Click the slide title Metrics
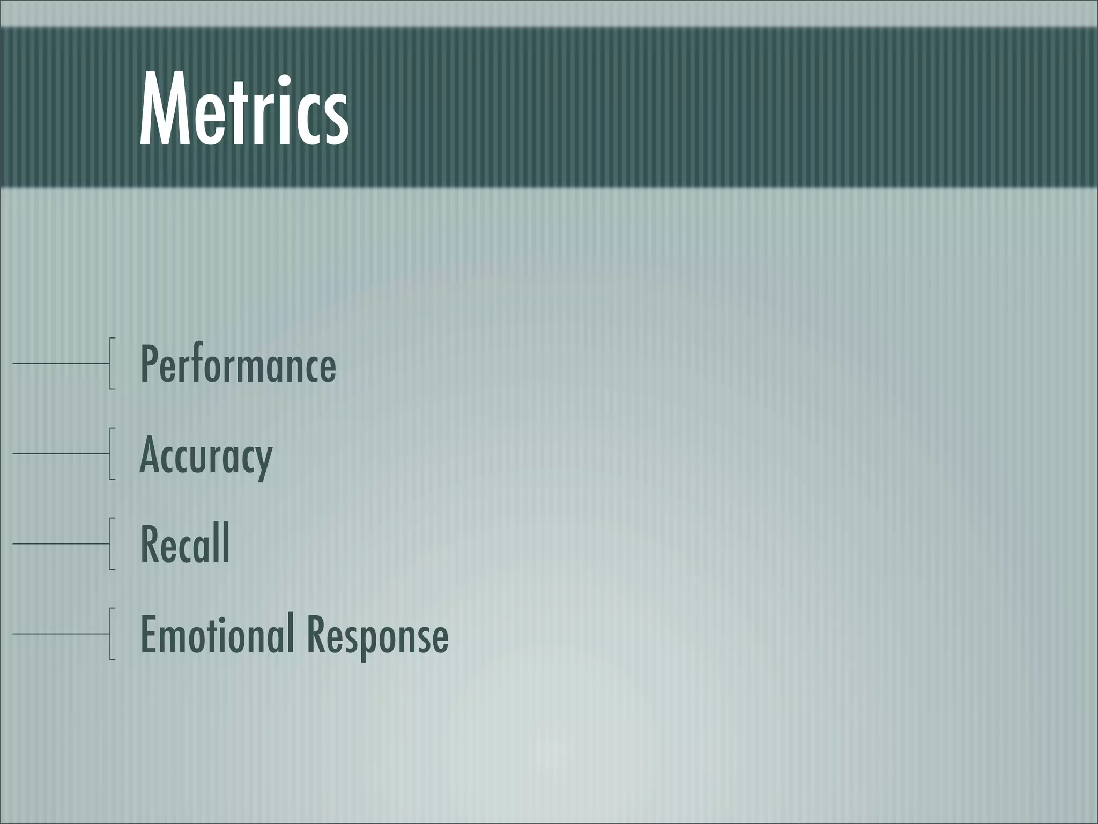pyautogui.click(x=244, y=110)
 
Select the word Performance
pyautogui.click(x=238, y=364)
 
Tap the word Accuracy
pyautogui.click(x=206, y=455)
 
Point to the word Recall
pyautogui.click(x=185, y=544)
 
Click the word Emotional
pyautogui.click(x=217, y=634)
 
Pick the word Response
pyautogui.click(x=377, y=635)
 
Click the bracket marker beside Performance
pyautogui.click(x=111, y=363)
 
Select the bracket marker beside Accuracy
pyautogui.click(x=111, y=453)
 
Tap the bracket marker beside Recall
pyautogui.click(x=111, y=543)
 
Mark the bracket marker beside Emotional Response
pyautogui.click(x=111, y=634)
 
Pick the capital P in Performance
pyautogui.click(x=150, y=364)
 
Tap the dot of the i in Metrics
pyautogui.click(x=285, y=82)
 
